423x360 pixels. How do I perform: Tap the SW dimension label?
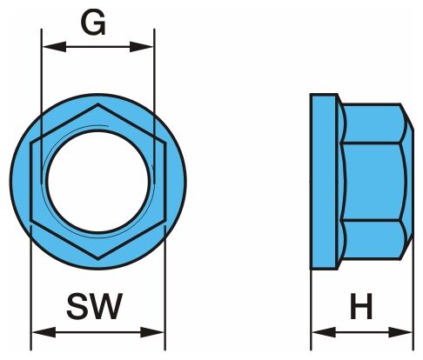(95, 306)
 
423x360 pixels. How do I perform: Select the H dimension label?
(361, 306)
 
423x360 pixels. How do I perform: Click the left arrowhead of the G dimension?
(54, 46)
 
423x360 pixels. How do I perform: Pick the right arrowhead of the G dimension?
(141, 46)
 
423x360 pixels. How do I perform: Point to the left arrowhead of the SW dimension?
(44, 332)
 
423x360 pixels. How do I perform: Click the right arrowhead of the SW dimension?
(152, 332)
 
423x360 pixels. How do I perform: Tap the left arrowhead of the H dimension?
(324, 332)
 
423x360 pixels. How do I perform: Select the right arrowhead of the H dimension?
(400, 332)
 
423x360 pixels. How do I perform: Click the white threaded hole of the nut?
(98, 182)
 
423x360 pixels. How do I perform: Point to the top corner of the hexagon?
(98, 104)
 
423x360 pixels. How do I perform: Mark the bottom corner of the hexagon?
(98, 258)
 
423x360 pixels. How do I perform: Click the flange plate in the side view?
(324, 182)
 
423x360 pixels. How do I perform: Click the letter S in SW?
(77, 306)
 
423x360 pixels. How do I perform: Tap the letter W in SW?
(106, 306)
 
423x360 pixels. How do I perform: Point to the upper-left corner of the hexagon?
(31, 143)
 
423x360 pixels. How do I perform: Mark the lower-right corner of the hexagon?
(165, 220)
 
